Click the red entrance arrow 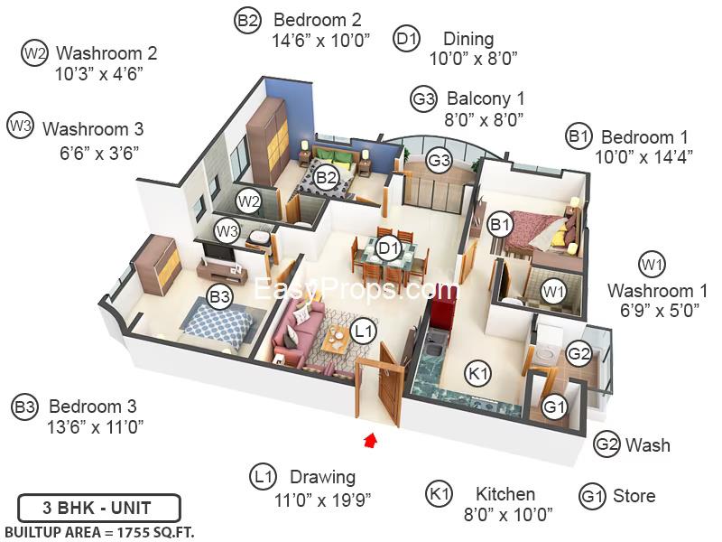pos(370,440)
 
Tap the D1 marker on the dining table pos(389,248)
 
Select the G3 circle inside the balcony pos(439,160)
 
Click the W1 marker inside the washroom pos(553,291)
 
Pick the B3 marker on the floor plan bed pos(219,296)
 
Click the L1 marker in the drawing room pos(364,331)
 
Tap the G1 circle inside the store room pos(554,406)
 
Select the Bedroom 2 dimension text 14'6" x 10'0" pos(321,41)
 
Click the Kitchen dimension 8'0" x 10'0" pos(508,514)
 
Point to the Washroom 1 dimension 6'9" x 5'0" pos(660,310)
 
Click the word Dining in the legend pos(468,39)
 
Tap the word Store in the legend pos(634,496)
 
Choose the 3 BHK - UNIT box pos(98,508)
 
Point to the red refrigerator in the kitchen pos(443,314)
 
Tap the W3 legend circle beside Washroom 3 pos(20,126)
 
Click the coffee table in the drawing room pos(337,339)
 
